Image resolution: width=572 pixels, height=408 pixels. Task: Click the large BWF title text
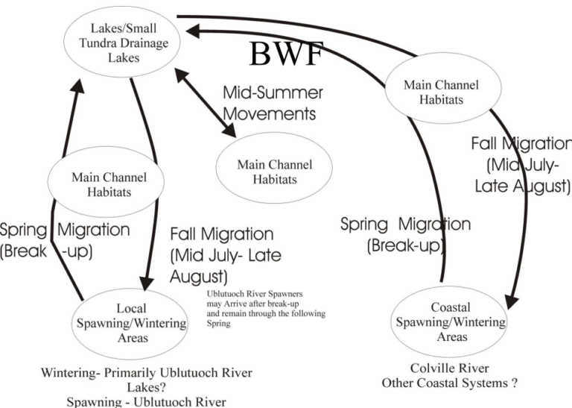(x=285, y=54)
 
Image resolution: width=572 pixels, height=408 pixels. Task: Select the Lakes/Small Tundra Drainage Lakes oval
(x=120, y=43)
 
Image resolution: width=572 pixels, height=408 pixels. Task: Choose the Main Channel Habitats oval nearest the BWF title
(x=441, y=92)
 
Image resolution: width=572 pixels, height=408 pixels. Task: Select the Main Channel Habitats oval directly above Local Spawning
(x=108, y=184)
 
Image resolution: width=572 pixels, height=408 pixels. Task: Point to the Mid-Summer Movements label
(x=273, y=104)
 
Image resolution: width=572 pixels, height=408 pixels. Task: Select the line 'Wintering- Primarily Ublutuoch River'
(x=147, y=373)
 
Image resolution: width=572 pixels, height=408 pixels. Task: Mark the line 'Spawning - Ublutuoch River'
(x=146, y=401)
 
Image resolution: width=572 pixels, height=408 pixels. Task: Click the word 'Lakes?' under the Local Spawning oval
(x=146, y=387)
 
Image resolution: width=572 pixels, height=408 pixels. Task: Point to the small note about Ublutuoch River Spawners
(x=267, y=305)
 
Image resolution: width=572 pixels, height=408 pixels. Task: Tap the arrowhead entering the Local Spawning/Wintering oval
(x=147, y=283)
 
